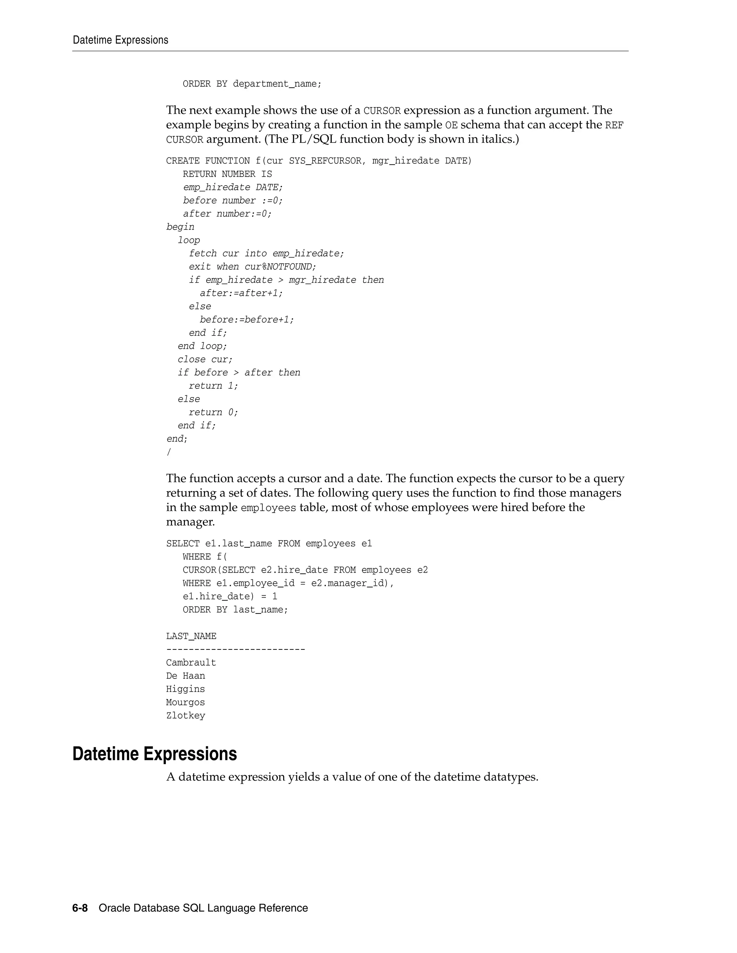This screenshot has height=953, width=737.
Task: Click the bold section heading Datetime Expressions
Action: pyautogui.click(x=154, y=754)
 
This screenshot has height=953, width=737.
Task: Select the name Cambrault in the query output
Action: pyautogui.click(x=191, y=662)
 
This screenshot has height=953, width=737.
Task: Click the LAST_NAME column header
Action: pyautogui.click(x=191, y=636)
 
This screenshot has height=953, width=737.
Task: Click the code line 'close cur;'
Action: pyautogui.click(x=205, y=360)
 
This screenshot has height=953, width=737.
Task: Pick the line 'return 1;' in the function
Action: pyautogui.click(x=213, y=386)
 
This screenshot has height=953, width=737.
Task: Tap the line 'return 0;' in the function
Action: pyautogui.click(x=213, y=412)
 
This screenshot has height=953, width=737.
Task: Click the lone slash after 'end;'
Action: pyautogui.click(x=168, y=452)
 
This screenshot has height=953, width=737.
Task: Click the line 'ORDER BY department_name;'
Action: pyautogui.click(x=252, y=84)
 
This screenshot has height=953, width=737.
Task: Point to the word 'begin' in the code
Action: pyautogui.click(x=180, y=227)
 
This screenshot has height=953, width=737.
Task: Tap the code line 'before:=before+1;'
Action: pyautogui.click(x=247, y=320)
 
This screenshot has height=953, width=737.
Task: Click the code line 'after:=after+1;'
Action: pyautogui.click(x=241, y=293)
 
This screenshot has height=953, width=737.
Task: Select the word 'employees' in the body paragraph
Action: pyautogui.click(x=268, y=508)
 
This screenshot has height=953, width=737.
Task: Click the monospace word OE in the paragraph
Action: pyautogui.click(x=451, y=125)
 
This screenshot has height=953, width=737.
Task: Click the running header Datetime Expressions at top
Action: pyautogui.click(x=121, y=40)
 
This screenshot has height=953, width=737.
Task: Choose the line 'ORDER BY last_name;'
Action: pyautogui.click(x=235, y=610)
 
